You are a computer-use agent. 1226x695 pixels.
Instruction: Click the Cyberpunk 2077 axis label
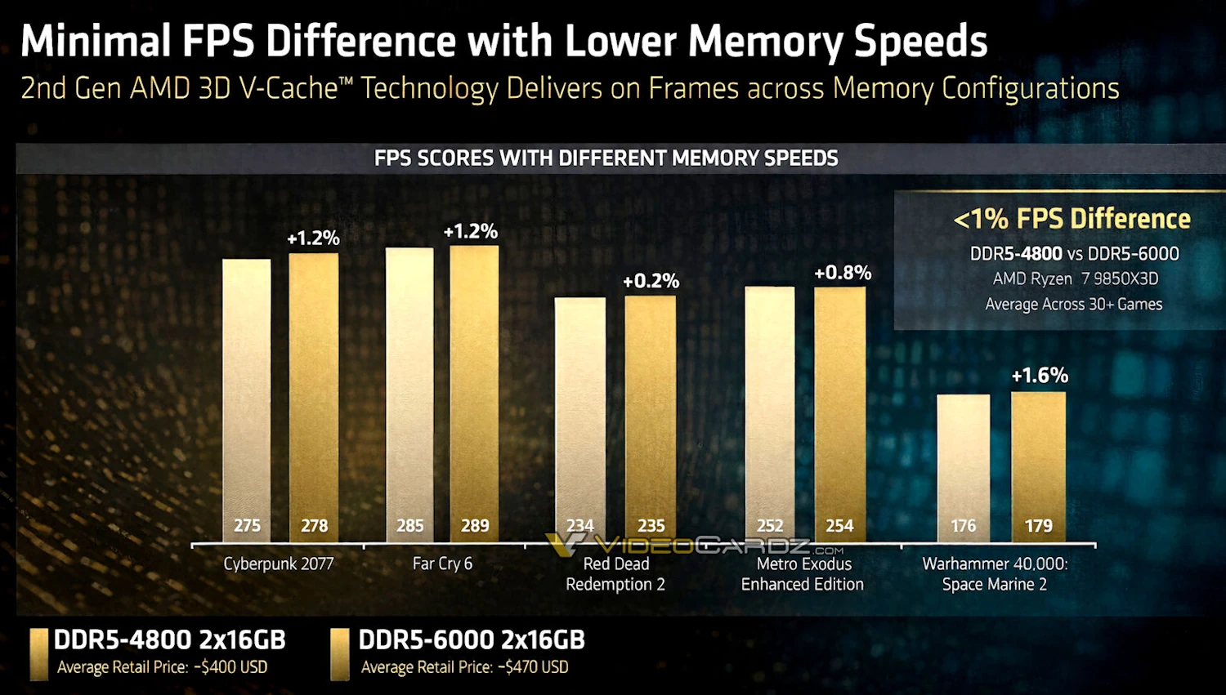[278, 564]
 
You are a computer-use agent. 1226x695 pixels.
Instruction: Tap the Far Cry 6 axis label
[442, 564]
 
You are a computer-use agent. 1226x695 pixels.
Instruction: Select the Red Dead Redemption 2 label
[615, 574]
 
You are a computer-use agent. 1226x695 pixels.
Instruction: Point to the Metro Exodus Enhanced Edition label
[803, 574]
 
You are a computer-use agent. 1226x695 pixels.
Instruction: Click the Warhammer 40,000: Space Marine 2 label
[995, 574]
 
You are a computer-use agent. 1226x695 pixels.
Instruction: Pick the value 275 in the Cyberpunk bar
[247, 526]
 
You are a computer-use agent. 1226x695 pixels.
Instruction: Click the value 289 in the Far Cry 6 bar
[475, 526]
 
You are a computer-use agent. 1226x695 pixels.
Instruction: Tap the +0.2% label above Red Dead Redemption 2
[651, 281]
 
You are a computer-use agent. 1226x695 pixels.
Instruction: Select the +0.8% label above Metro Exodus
[842, 273]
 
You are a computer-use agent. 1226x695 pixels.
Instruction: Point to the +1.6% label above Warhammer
[1040, 376]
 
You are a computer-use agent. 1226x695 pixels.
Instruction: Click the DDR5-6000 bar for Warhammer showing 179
[1038, 457]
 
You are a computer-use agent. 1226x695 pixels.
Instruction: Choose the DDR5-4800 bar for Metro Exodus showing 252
[769, 408]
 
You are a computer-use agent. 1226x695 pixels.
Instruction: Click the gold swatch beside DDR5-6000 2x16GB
[339, 653]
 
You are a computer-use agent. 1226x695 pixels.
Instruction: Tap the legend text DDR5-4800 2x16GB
[169, 640]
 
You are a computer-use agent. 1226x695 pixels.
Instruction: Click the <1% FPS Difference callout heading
[1072, 219]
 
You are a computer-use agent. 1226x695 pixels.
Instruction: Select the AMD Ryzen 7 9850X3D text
[1075, 278]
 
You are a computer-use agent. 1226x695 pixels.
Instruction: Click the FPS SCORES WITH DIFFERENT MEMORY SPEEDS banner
[606, 158]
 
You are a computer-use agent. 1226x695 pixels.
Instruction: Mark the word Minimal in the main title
[95, 41]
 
